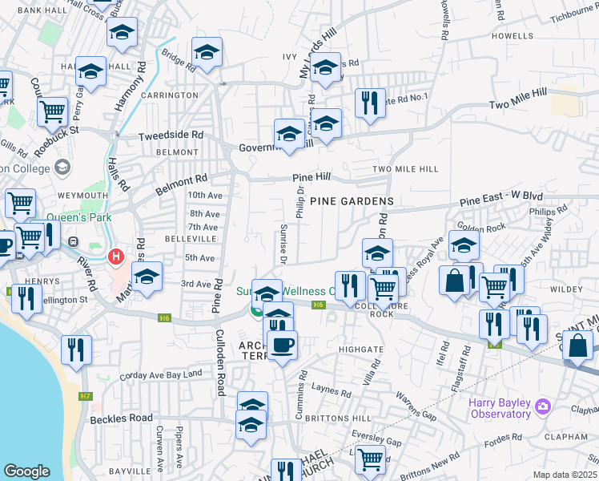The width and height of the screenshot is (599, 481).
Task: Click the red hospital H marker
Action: click(116, 257)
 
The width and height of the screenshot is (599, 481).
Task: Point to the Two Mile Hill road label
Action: click(518, 99)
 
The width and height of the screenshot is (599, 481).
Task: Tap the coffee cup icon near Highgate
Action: click(281, 345)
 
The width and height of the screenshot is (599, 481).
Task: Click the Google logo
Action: click(26, 471)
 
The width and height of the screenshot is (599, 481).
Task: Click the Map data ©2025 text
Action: click(565, 475)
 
